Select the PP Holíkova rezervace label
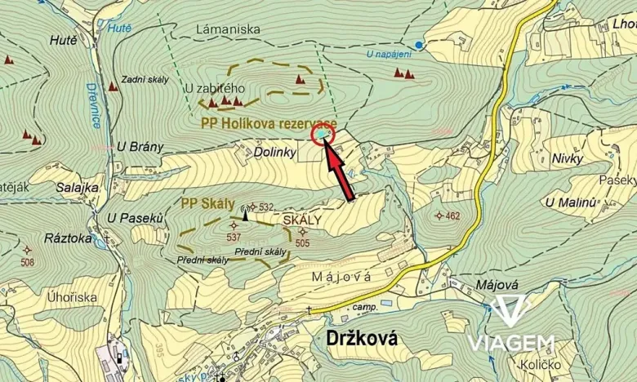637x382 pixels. pos(268,122)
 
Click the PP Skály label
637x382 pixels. pos(207,203)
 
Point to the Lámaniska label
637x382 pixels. pos(229,29)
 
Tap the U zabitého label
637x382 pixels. pos(215,87)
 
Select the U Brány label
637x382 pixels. pos(140,147)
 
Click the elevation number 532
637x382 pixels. pos(265,207)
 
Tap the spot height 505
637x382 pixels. pos(302,242)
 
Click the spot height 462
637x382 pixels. pos(452,215)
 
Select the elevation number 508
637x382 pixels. pos(27,262)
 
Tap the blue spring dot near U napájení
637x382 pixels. pos(419,44)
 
